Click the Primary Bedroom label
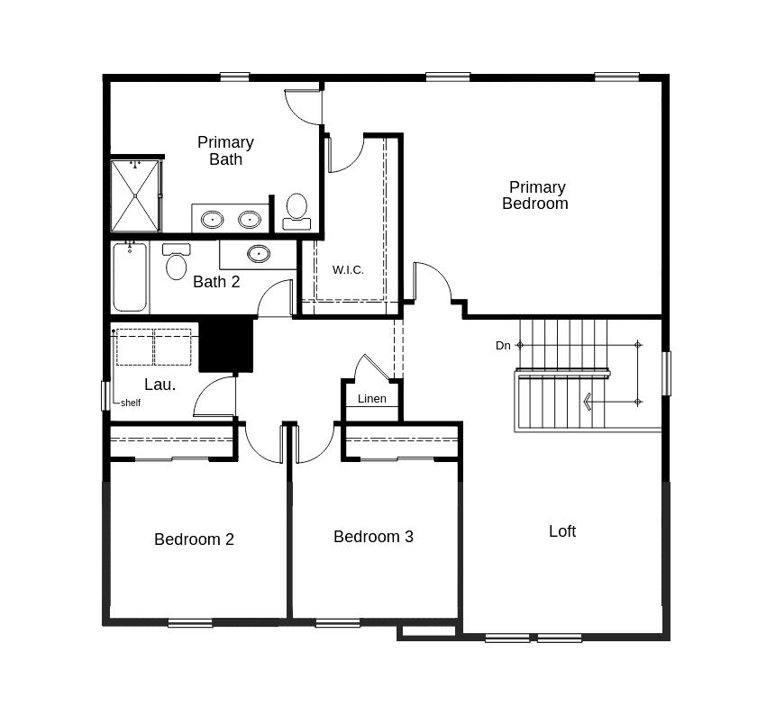[x=535, y=195]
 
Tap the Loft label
[x=562, y=531]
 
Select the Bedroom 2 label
[x=194, y=539]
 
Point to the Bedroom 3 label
[x=373, y=537]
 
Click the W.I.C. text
[x=348, y=270]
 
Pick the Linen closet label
[x=372, y=399]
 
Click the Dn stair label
[x=503, y=346]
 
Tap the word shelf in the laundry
[x=131, y=403]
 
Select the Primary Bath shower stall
[x=135, y=195]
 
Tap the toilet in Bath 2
[x=177, y=262]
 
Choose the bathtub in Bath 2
[x=130, y=276]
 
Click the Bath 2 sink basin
[x=259, y=253]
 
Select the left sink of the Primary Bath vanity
[x=213, y=219]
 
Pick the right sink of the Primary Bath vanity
[x=249, y=219]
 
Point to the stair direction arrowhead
[x=588, y=402]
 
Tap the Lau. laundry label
[x=160, y=385]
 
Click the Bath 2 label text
[x=216, y=282]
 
